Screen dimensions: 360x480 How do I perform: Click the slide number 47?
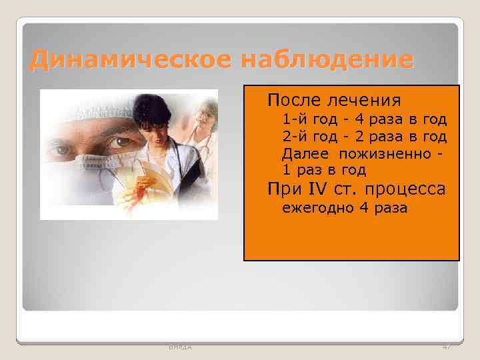446,348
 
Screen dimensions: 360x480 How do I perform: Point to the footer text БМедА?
176,348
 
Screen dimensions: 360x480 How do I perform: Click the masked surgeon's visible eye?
116,142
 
